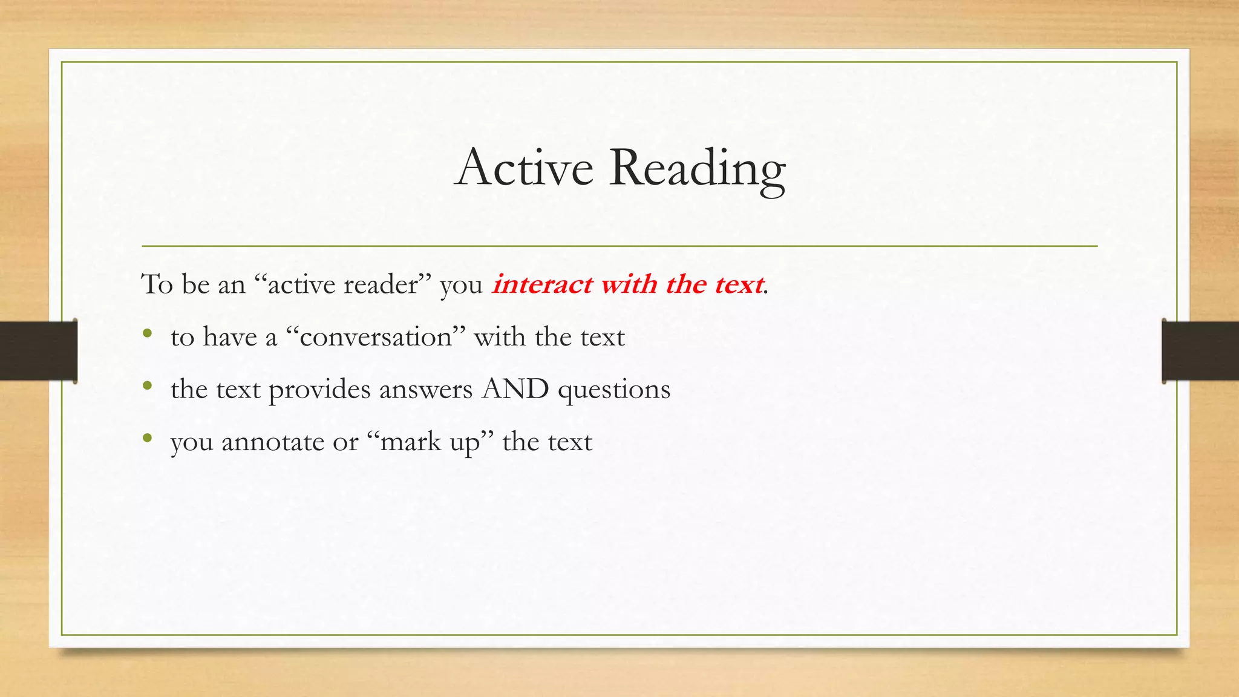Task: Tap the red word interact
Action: point(542,284)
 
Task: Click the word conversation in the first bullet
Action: point(376,337)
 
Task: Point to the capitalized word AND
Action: point(515,389)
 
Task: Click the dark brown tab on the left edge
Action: point(38,351)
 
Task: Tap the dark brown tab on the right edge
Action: point(1200,351)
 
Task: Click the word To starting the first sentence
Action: point(157,284)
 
